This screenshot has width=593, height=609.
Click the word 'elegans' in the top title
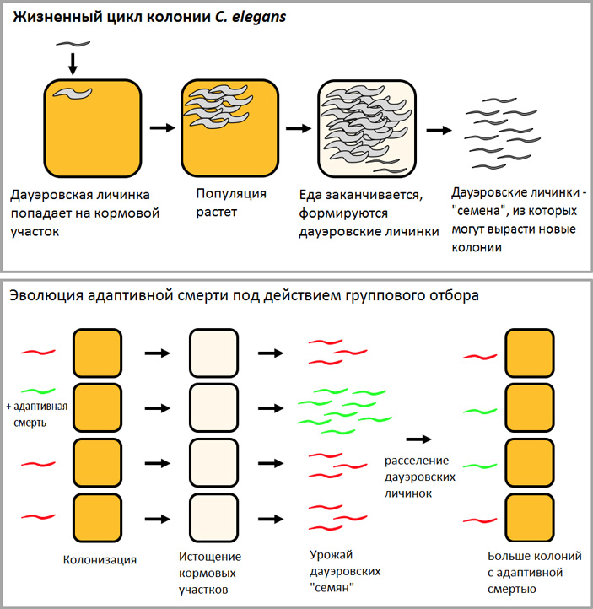(x=261, y=17)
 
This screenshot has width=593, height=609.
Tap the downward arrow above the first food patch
(x=72, y=62)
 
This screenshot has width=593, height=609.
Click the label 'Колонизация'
(x=100, y=558)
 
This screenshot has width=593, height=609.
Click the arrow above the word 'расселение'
(x=418, y=439)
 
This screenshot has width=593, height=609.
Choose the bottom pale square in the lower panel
(x=214, y=515)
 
